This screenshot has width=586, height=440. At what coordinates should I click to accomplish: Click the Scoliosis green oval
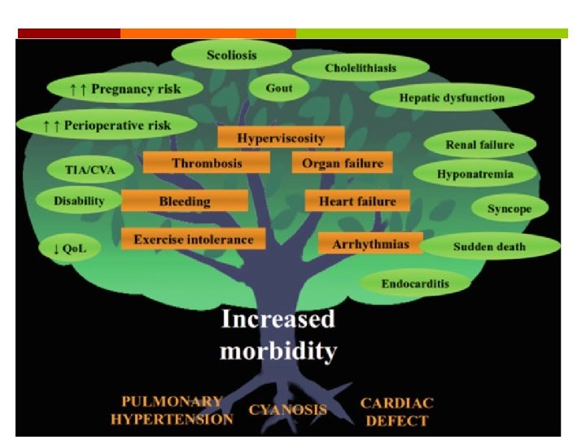(231, 55)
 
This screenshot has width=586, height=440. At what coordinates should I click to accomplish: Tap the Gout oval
(279, 87)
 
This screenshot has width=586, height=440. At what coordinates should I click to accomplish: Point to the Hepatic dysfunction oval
(452, 98)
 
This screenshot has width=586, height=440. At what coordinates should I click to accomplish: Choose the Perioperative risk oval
(107, 125)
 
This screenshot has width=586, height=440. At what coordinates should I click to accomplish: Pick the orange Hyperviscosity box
(281, 138)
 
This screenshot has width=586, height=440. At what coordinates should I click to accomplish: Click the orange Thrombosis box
(207, 163)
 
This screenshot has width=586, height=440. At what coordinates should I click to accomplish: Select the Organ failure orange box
(342, 163)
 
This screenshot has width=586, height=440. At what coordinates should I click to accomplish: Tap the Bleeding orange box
(185, 200)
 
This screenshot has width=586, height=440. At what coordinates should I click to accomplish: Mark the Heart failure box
(357, 200)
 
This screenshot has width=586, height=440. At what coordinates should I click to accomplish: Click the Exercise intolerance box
(193, 239)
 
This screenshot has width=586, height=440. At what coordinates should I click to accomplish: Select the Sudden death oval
(489, 246)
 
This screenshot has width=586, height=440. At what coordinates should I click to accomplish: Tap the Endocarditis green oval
(415, 284)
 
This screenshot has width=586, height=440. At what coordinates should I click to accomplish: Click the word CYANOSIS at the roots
(288, 410)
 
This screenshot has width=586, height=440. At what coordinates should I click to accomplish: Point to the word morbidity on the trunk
(278, 351)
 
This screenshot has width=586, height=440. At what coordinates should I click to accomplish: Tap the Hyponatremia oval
(475, 174)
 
